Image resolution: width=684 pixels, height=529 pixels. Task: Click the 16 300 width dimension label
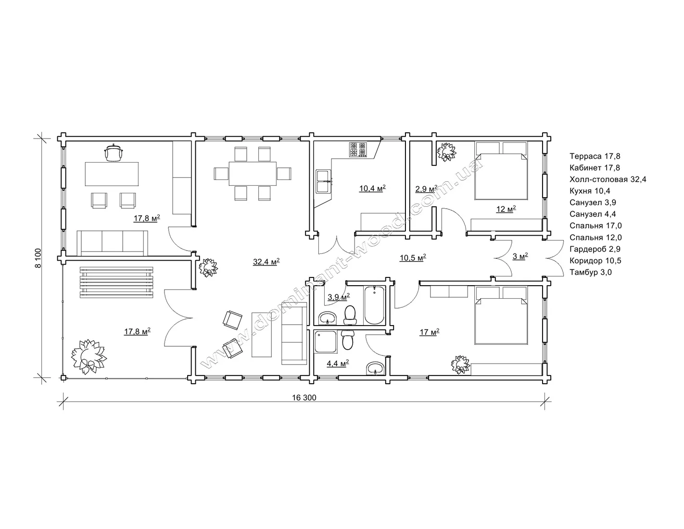coord(304,397)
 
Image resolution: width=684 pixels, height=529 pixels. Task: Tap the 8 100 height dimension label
coord(38,258)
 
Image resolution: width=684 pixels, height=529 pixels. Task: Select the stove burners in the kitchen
coord(357,150)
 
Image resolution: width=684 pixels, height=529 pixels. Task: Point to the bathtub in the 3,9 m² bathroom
coord(374,305)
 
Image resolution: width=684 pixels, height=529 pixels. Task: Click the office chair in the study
coord(113,152)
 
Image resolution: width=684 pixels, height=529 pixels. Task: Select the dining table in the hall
coord(253,174)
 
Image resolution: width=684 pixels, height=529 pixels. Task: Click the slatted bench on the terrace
coord(116,282)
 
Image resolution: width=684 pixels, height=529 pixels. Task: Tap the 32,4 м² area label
coord(266,262)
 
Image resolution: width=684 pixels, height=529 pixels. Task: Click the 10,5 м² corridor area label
coord(413,258)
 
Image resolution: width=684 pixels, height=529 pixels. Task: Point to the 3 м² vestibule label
coord(520,256)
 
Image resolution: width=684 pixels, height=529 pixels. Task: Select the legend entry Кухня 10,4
coord(590,191)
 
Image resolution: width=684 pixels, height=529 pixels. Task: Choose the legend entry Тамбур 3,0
coord(591,272)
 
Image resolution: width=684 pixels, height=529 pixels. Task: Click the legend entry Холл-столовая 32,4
coord(608,179)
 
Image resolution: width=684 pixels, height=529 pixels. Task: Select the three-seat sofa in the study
coord(113,243)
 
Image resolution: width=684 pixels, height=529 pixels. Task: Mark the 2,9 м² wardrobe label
coord(426,189)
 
